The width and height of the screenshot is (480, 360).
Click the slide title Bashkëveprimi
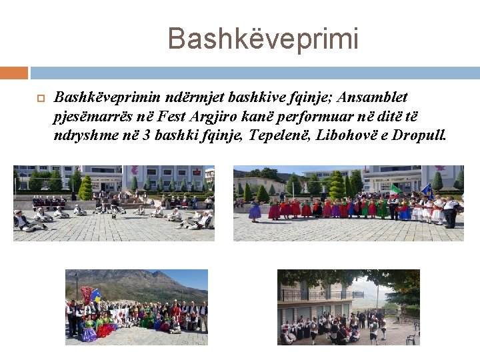[263, 39]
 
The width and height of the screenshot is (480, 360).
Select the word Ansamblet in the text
[375, 97]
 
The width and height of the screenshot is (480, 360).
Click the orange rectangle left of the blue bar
[14, 72]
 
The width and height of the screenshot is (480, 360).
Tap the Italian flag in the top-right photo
[396, 189]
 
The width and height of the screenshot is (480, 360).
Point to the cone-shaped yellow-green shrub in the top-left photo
[85, 188]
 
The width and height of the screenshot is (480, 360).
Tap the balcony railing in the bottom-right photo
[313, 294]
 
